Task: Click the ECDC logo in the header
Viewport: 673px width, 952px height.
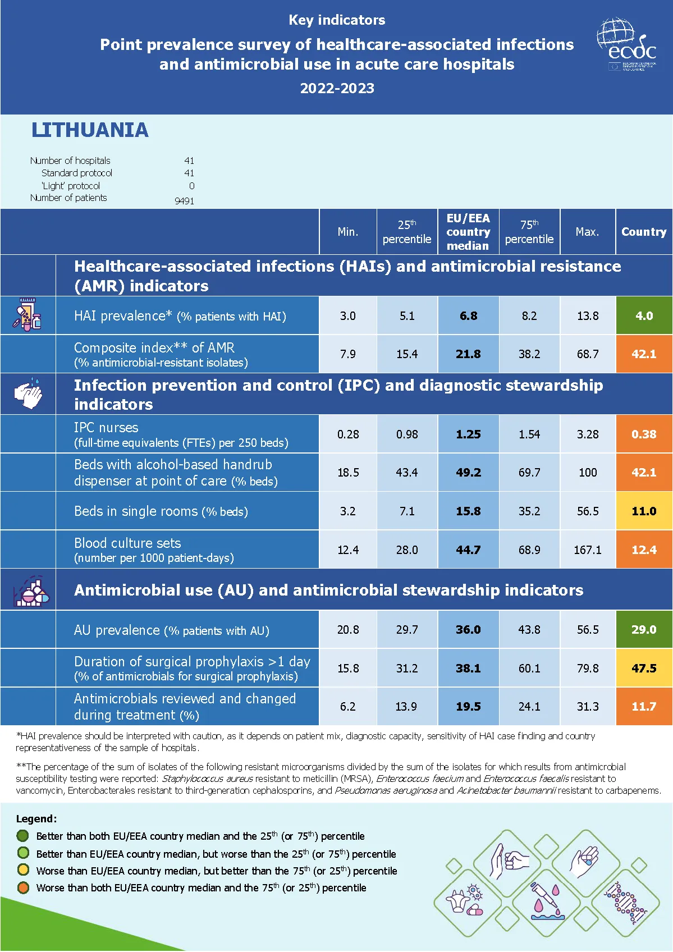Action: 626,45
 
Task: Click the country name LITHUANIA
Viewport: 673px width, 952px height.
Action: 90,130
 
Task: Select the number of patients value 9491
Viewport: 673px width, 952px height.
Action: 184,201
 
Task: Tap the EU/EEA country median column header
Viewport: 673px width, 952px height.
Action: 468,232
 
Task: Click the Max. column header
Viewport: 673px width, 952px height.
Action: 587,232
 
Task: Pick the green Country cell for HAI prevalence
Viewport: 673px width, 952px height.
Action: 644,316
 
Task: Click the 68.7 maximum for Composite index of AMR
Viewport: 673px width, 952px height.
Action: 588,354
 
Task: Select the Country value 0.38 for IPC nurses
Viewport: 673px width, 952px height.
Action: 644,434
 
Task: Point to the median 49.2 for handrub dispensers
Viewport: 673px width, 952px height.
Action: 468,473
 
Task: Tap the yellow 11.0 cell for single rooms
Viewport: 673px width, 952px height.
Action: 644,511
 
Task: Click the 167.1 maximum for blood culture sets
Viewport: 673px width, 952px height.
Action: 587,550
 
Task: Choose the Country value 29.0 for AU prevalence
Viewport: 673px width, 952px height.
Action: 644,630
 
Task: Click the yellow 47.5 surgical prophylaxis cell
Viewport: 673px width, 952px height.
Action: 644,669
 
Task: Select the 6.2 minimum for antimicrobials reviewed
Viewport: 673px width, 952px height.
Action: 347,707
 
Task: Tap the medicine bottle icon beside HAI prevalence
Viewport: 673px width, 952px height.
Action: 28,314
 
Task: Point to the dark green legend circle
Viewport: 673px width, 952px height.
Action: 23,836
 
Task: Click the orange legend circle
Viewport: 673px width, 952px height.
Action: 23,887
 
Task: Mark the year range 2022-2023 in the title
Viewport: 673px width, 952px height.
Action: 337,88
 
